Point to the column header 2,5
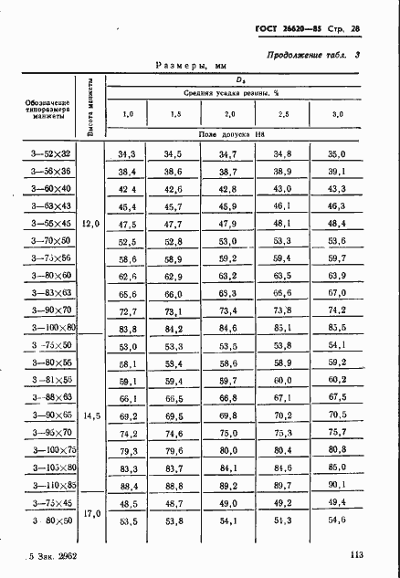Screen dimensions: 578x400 (282, 114)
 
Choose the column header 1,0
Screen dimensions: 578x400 (128, 114)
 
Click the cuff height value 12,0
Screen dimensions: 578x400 (90, 223)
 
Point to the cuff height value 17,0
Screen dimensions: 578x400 (90, 512)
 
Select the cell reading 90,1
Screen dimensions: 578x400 (337, 485)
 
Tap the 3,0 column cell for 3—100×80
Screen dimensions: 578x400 (337, 327)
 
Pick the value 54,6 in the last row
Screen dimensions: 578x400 (337, 520)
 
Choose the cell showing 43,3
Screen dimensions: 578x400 (337, 189)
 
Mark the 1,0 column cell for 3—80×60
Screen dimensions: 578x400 (127, 275)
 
